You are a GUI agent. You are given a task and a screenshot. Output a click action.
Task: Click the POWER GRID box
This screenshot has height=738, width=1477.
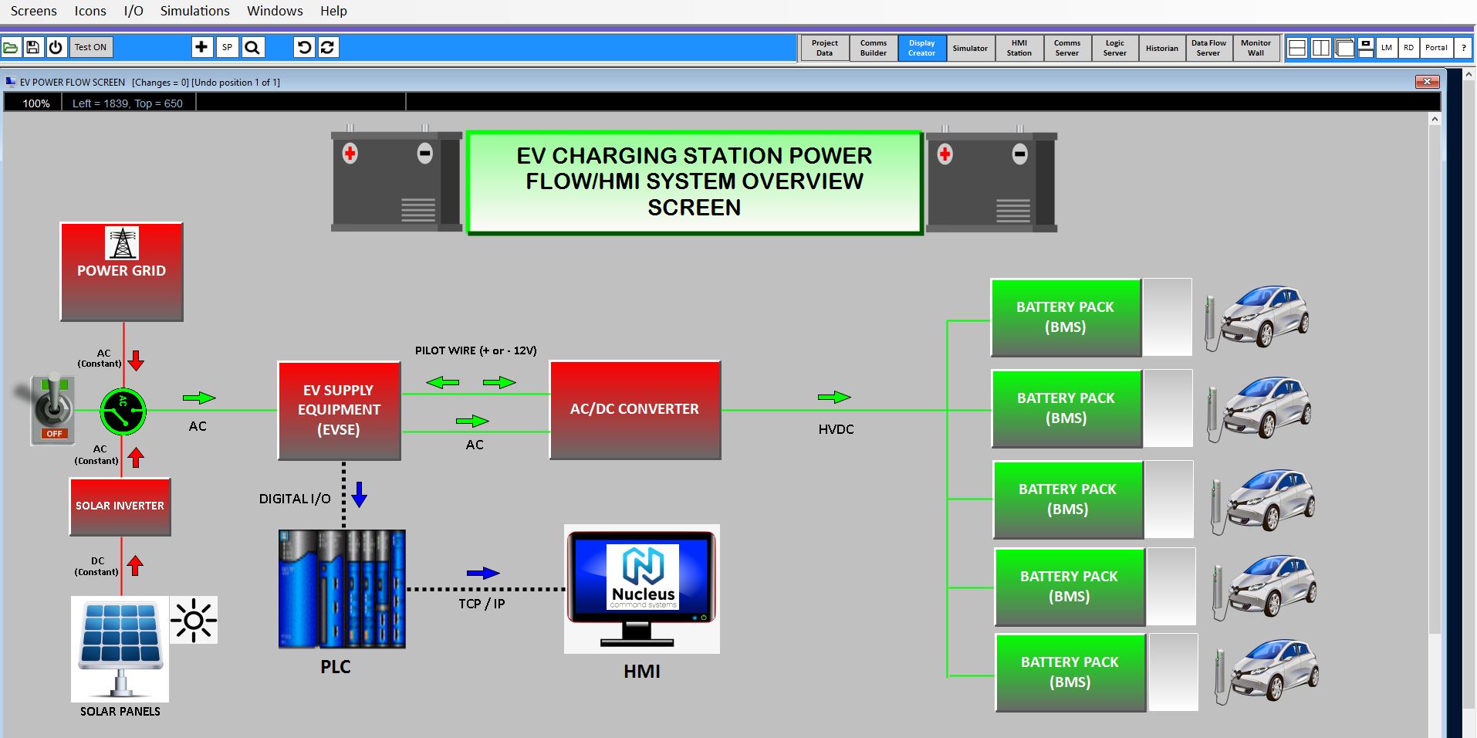[x=121, y=272]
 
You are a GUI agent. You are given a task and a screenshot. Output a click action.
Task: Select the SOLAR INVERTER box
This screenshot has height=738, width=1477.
[x=120, y=506]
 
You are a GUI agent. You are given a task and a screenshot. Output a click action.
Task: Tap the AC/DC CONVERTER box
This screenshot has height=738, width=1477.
[x=634, y=410]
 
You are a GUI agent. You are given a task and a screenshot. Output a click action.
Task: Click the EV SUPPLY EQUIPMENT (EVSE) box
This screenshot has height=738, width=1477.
[x=339, y=411]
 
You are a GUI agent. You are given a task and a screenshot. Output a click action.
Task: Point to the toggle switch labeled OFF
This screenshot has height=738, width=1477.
[x=52, y=409]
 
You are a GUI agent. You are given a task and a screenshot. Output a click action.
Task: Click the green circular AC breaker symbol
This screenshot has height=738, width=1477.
[x=123, y=411]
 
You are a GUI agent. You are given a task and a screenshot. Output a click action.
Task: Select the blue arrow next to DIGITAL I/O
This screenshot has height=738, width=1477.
[x=359, y=494]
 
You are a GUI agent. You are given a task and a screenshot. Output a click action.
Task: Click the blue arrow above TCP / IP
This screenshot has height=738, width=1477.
[x=483, y=573]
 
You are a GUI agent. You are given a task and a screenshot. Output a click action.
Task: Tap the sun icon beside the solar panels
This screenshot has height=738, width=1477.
[x=193, y=620]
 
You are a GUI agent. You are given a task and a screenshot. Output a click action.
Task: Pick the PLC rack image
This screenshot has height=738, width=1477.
[x=342, y=588]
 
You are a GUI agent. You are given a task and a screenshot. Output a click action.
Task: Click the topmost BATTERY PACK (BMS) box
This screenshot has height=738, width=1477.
[x=1065, y=317]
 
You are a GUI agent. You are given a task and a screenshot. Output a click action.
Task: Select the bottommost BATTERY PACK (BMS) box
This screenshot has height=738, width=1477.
[x=1070, y=672]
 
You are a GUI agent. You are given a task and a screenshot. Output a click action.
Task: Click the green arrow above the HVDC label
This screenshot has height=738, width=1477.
[x=833, y=397]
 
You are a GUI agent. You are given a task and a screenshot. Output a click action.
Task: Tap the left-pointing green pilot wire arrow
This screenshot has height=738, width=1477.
[x=442, y=382]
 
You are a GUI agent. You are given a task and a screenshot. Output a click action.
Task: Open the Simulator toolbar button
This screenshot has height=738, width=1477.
[x=969, y=48]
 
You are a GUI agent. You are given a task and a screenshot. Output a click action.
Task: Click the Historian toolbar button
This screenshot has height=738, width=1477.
[x=1161, y=48]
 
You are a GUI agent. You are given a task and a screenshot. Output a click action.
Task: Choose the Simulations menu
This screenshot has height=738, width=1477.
[x=194, y=11]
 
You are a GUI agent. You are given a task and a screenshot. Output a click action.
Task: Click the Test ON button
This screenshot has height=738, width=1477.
[x=90, y=47]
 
